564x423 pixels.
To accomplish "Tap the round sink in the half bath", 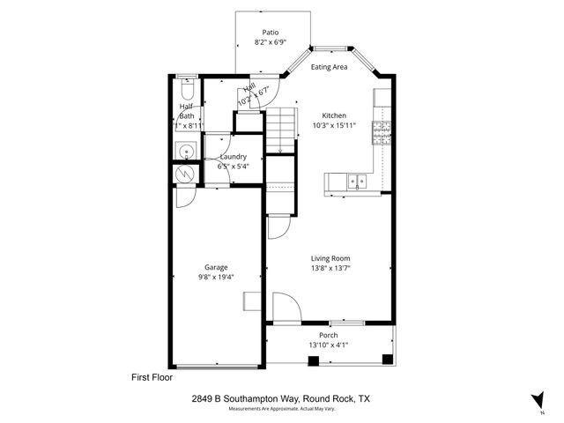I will tap(185, 152).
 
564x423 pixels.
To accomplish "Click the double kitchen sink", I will tap(357, 182).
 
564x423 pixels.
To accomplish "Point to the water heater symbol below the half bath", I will tap(185, 173).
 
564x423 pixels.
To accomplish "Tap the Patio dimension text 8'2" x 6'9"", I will tap(271, 41).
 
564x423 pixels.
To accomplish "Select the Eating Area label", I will tap(329, 66).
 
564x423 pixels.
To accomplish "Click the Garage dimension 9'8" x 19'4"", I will tap(216, 277).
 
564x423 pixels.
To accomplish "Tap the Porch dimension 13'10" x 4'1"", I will tap(329, 345).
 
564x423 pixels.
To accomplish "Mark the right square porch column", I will tap(387, 359).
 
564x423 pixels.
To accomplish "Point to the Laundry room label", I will tap(233, 157).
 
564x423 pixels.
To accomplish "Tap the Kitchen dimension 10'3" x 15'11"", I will tap(333, 125).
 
